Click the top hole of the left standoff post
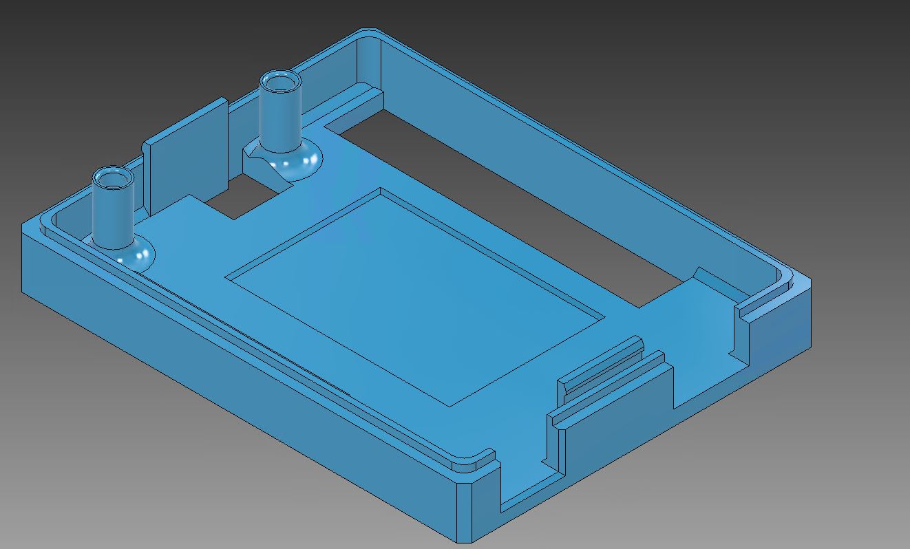tap(114, 180)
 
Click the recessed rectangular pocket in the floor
tap(413, 296)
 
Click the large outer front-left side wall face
tap(227, 385)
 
